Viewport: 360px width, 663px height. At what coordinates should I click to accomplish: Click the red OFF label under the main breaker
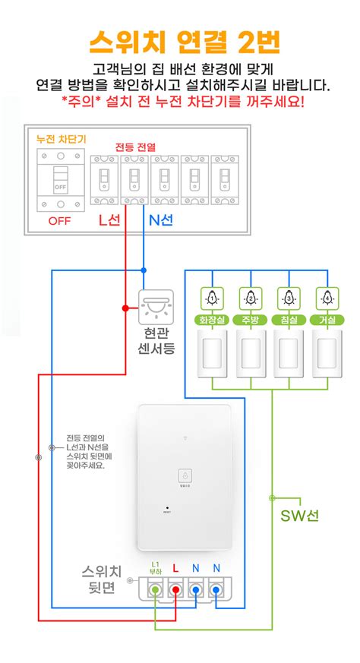tap(59, 221)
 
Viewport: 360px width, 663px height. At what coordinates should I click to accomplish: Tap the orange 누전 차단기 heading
tap(62, 139)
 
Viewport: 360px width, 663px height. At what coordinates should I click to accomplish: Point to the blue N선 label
tap(159, 221)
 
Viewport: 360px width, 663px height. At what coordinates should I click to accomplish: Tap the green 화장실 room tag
tap(213, 320)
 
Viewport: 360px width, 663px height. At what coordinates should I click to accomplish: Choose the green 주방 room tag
tap(251, 320)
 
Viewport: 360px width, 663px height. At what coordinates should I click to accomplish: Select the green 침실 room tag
tap(289, 320)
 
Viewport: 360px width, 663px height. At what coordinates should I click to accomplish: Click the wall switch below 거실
tap(327, 352)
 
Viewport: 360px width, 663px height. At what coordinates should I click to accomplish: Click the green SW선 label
tap(300, 516)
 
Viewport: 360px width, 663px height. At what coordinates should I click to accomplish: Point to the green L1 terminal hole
tap(156, 589)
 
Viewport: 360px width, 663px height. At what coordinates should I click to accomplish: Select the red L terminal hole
tap(175, 589)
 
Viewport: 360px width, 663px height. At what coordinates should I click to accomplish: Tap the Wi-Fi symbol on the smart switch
tap(185, 439)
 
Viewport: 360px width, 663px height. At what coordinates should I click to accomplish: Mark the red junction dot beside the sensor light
tap(126, 308)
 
